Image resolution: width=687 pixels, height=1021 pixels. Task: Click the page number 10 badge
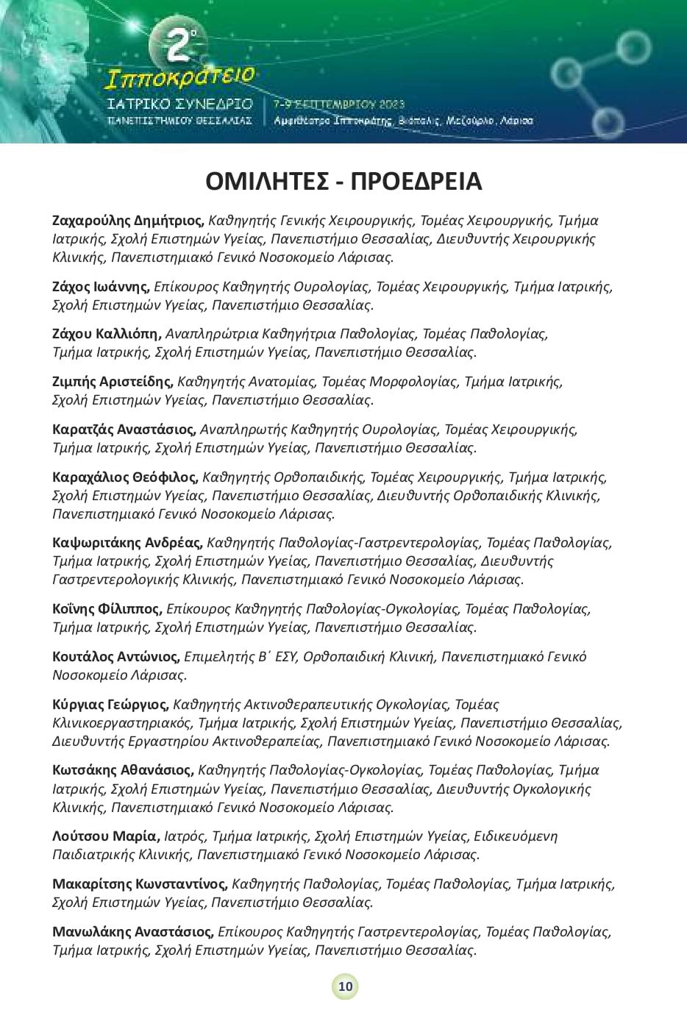click(345, 986)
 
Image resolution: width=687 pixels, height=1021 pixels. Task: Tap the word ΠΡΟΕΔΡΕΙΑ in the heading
click(416, 181)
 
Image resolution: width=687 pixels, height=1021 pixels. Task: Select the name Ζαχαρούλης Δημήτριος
click(129, 220)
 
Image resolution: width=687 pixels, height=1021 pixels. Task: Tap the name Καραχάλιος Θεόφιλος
click(126, 477)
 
